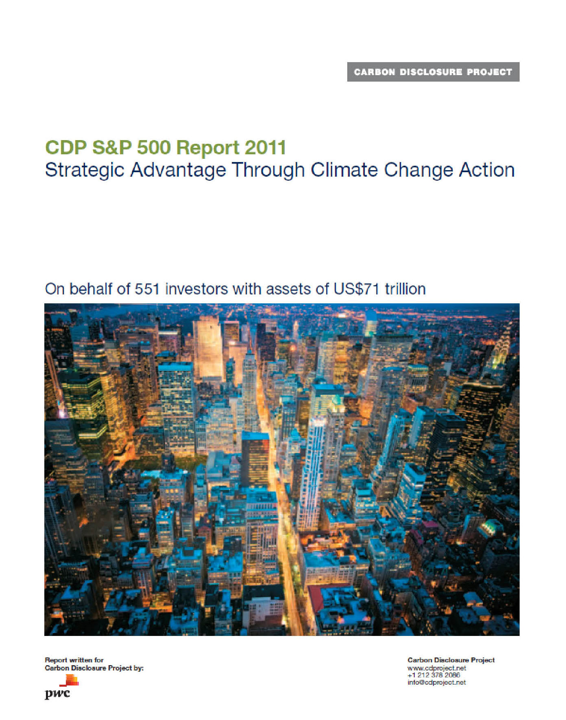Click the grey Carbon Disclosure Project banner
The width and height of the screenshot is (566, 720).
click(433, 72)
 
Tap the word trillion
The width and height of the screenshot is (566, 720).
click(405, 289)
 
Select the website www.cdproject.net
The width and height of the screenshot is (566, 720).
click(437, 668)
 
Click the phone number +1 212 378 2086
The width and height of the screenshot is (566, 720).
click(433, 675)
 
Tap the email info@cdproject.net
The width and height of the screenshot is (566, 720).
click(437, 682)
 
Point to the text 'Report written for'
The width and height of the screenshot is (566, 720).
click(74, 660)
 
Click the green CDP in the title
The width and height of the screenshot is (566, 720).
click(66, 147)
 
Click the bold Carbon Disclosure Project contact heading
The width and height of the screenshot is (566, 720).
click(451, 660)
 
